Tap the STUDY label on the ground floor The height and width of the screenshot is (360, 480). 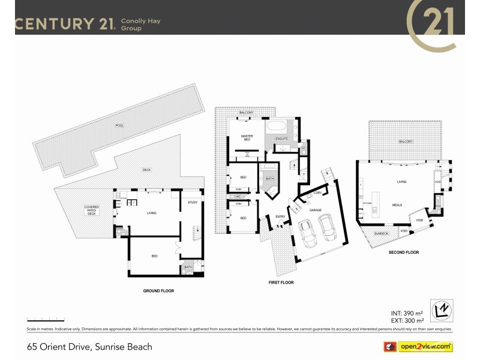tap(192, 202)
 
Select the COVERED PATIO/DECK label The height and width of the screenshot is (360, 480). tap(91, 209)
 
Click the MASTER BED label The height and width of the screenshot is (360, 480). tap(247, 137)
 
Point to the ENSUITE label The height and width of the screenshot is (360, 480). tap(281, 139)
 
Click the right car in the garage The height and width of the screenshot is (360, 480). tap(328, 226)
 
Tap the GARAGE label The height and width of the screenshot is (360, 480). tap(316, 210)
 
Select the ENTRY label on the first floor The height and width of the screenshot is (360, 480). tap(280, 217)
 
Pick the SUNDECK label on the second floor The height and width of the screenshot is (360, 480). tap(380, 233)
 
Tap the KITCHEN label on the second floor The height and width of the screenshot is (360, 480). tap(368, 203)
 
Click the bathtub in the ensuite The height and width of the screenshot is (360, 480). tap(277, 127)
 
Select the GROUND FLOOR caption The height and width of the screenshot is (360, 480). tap(158, 290)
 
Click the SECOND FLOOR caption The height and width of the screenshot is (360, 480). tap(404, 253)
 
